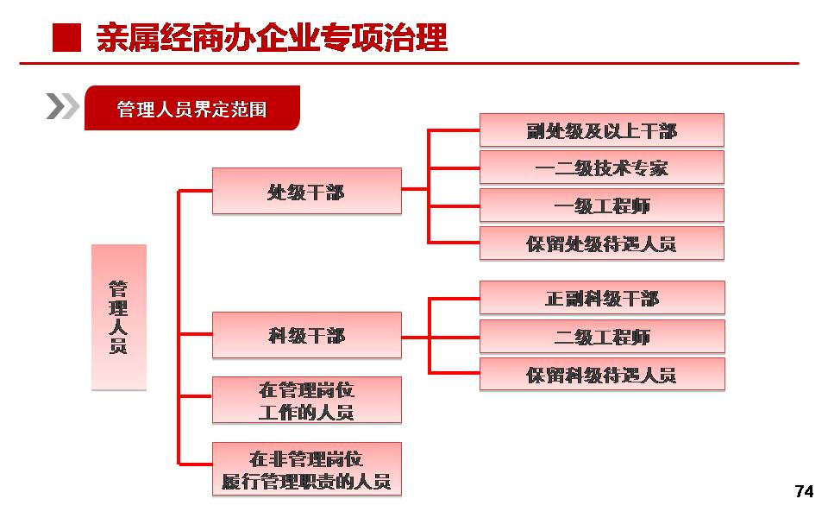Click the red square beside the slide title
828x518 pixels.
66,38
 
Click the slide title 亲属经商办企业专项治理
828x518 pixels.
272,38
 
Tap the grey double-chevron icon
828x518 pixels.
62,106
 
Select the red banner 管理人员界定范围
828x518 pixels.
192,108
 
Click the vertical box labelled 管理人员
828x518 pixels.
119,317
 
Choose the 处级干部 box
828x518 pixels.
307,191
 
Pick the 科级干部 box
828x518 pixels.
307,335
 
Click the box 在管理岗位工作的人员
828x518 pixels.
307,400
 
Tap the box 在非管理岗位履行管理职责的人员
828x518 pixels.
307,469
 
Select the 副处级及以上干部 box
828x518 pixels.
601,130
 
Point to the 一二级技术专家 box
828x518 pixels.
601,167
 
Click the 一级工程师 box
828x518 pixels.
601,205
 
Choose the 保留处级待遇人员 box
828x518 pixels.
601,243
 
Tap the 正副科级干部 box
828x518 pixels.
602,298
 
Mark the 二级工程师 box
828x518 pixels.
602,336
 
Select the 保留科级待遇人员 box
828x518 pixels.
602,374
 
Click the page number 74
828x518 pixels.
804,491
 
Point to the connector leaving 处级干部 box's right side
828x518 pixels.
415,189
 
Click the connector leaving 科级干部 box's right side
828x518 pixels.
415,337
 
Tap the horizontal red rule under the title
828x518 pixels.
409,63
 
